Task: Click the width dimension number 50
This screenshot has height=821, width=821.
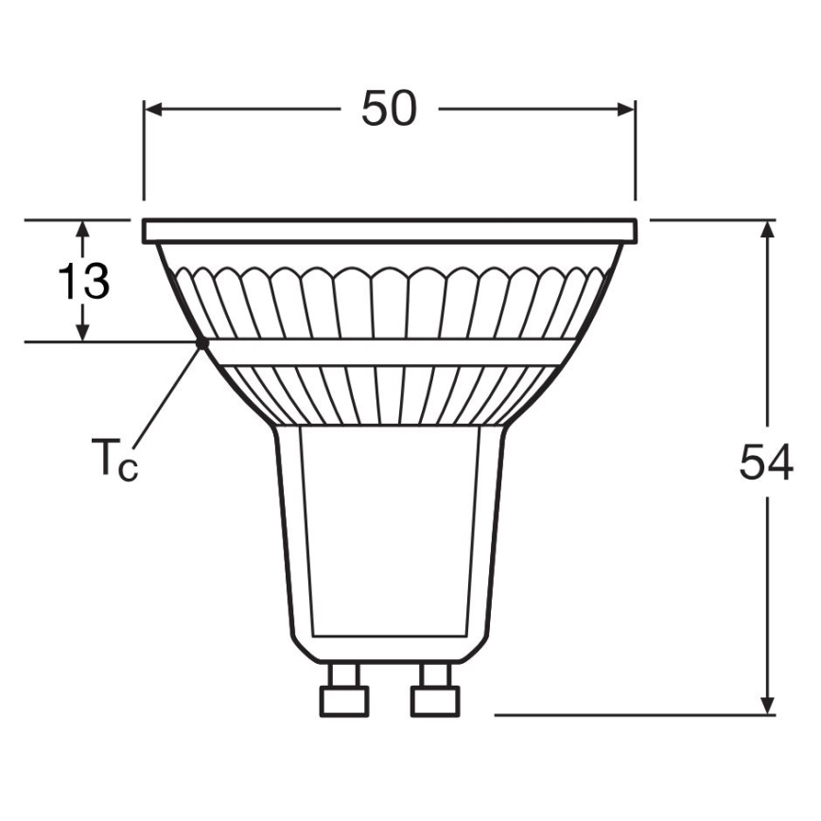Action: click(388, 110)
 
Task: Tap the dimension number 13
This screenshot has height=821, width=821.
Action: click(84, 281)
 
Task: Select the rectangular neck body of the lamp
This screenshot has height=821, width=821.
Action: click(389, 530)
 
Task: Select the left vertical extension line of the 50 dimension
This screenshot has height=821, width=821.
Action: click(144, 151)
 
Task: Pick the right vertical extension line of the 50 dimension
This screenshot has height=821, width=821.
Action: click(635, 151)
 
